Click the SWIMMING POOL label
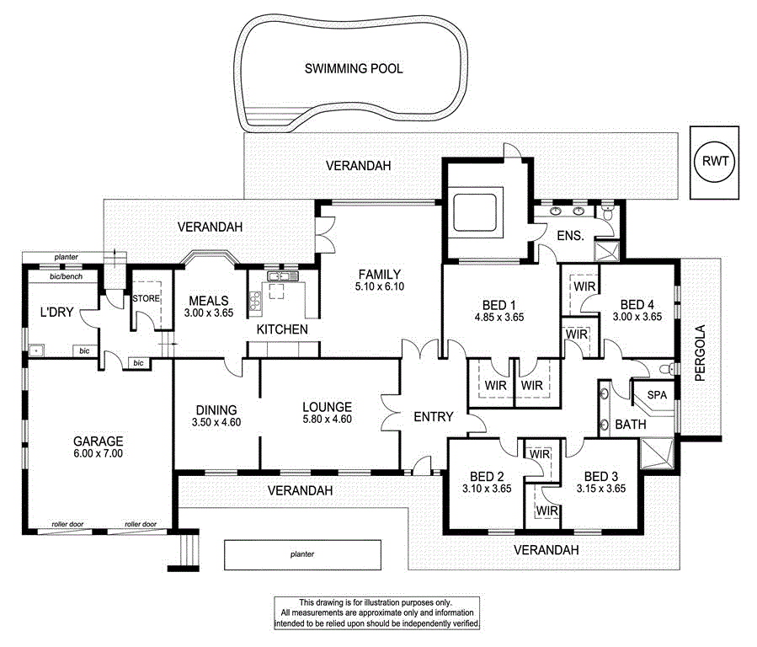click(353, 68)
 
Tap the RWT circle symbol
click(714, 160)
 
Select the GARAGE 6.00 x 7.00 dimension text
click(98, 453)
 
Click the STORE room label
click(146, 298)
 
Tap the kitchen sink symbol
click(279, 275)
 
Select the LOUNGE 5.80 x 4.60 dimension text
click(327, 420)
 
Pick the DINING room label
click(216, 410)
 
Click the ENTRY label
click(434, 416)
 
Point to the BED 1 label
click(501, 305)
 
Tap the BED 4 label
click(637, 304)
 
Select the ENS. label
click(570, 237)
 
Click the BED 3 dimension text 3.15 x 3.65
click(600, 488)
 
